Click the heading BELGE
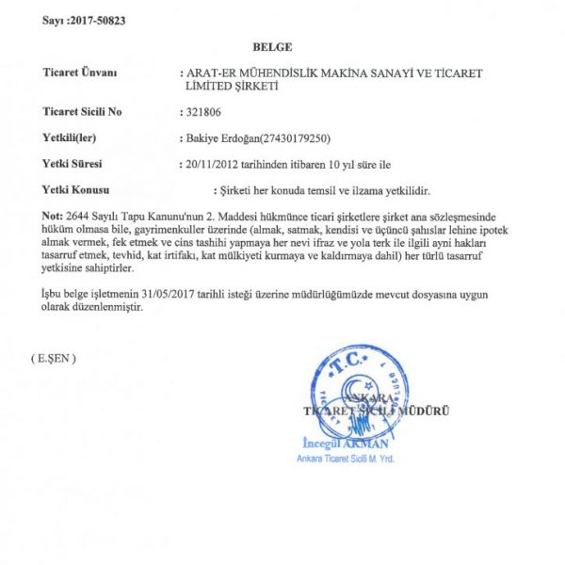tap(273, 46)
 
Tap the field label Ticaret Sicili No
tap(83, 111)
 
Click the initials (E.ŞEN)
tap(53, 359)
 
